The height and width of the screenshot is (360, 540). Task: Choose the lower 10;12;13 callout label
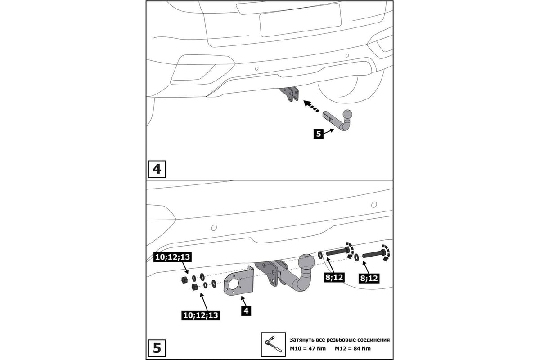[x=201, y=315]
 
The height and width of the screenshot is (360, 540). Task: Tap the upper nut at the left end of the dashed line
[x=184, y=280]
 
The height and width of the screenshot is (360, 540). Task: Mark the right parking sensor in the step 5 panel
[x=373, y=205]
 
